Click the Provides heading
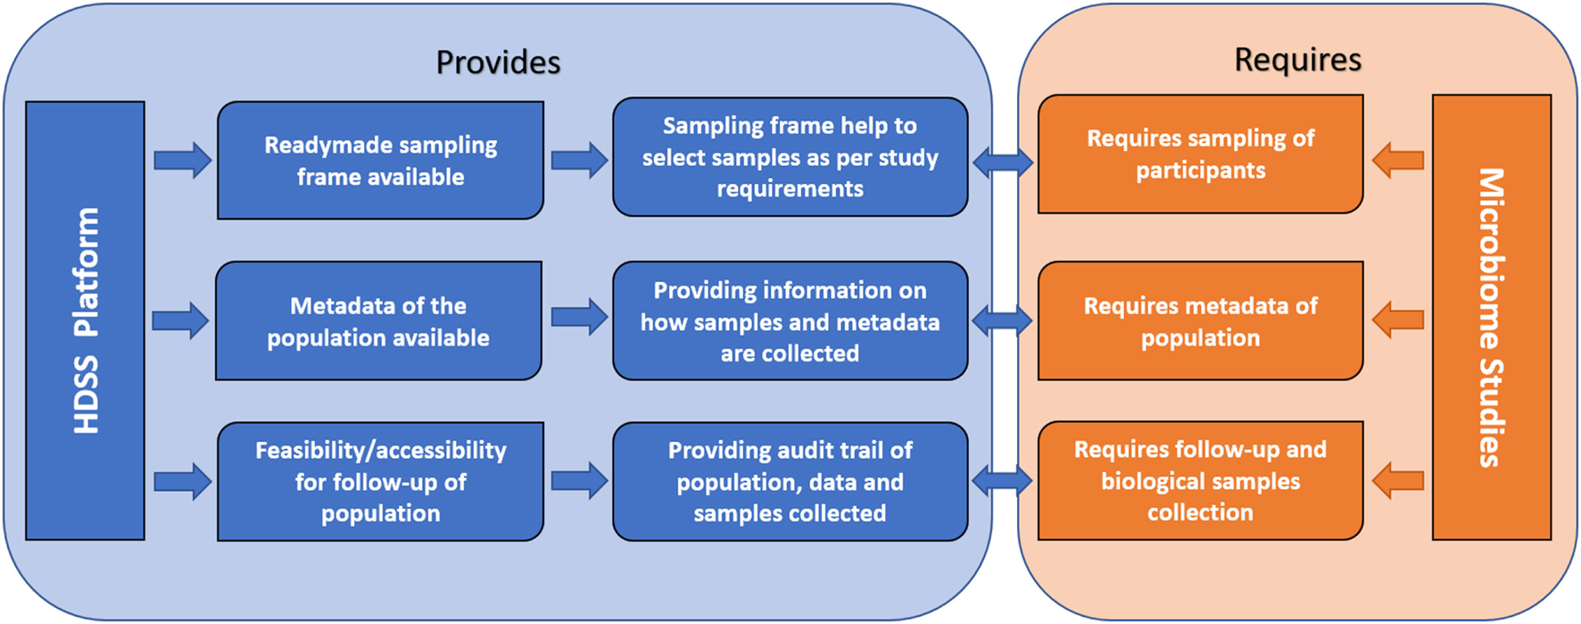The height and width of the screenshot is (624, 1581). [498, 62]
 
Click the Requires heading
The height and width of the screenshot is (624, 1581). [1297, 60]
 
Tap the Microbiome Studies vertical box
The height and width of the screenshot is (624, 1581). [1491, 317]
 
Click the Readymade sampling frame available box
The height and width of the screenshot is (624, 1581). [380, 161]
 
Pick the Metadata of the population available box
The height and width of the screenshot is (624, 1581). [378, 321]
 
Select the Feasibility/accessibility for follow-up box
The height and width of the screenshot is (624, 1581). [380, 481]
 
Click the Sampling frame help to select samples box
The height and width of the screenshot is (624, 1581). [790, 157]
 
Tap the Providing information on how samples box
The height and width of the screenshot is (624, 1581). [790, 321]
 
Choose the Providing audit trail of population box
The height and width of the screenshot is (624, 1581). [790, 481]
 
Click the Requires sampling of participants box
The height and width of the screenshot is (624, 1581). [1200, 154]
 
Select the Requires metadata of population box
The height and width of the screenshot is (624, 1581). [1200, 321]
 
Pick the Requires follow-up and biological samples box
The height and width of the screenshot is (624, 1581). [1200, 480]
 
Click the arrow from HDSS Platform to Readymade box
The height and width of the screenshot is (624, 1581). [182, 161]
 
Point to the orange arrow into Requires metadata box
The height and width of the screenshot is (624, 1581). [1397, 320]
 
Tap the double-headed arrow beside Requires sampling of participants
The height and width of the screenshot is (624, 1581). [1003, 162]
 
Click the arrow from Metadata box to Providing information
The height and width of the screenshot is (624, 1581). [579, 317]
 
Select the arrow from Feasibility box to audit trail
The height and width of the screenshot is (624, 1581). [579, 481]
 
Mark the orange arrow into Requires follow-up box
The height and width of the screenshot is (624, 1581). [1397, 480]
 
